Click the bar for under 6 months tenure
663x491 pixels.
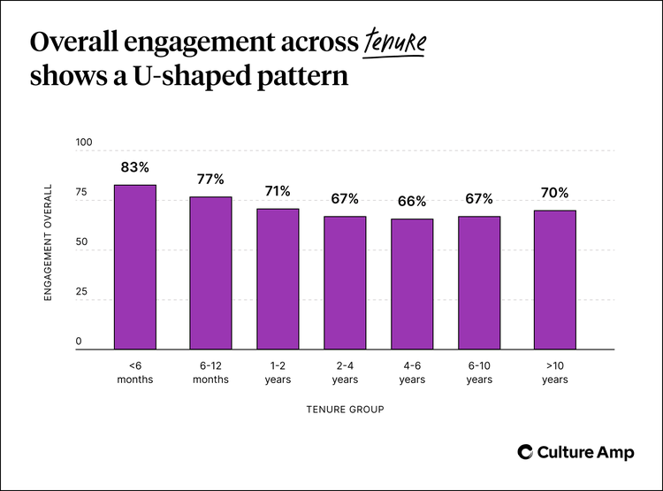[134, 267]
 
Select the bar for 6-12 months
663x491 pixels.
[210, 272]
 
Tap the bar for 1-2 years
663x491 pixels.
[278, 279]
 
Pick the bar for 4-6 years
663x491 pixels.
[412, 284]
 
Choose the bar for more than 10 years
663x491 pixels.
[555, 280]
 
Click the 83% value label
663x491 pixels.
[134, 166]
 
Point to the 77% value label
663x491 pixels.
[210, 179]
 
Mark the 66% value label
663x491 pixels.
[412, 201]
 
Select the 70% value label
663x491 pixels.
[555, 192]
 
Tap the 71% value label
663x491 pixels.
[278, 191]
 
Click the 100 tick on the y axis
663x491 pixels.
[84, 142]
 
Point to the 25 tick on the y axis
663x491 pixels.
[81, 291]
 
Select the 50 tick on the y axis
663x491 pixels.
[81, 242]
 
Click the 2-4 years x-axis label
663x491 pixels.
[345, 372]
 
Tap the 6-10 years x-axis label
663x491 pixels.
[479, 372]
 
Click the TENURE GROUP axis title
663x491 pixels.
[345, 410]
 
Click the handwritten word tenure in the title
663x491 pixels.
[393, 43]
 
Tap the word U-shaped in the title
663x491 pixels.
[144, 76]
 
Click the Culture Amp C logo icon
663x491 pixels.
[525, 451]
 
